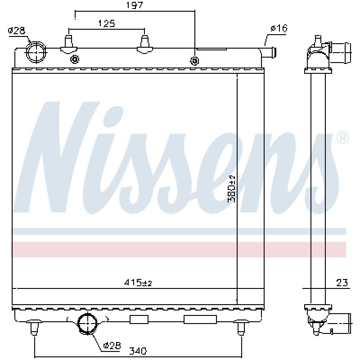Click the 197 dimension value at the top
(135, 5)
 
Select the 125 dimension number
(107, 23)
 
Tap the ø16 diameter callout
(279, 28)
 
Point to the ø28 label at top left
(17, 31)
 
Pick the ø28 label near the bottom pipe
(112, 345)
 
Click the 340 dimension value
(138, 351)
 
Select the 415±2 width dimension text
(138, 282)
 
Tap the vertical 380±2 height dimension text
(231, 189)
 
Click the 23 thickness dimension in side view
(342, 283)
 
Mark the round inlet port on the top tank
(36, 52)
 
